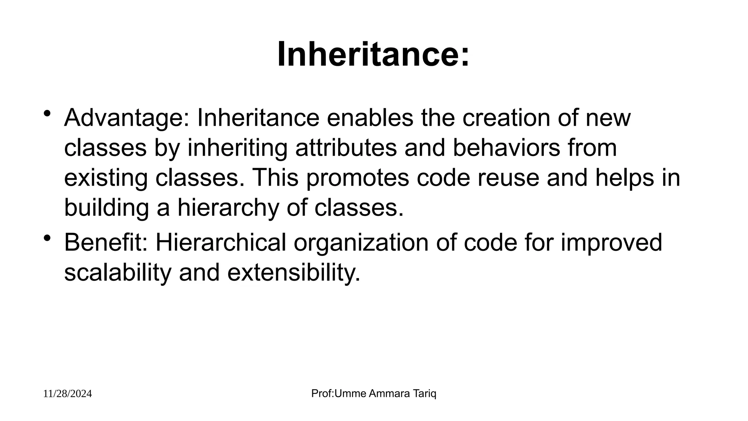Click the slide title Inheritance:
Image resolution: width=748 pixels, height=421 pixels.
point(373,55)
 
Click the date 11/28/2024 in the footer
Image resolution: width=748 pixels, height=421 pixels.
point(68,394)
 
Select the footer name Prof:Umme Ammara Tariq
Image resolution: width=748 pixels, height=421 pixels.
point(374,394)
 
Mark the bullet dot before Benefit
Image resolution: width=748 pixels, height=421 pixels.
point(47,238)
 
